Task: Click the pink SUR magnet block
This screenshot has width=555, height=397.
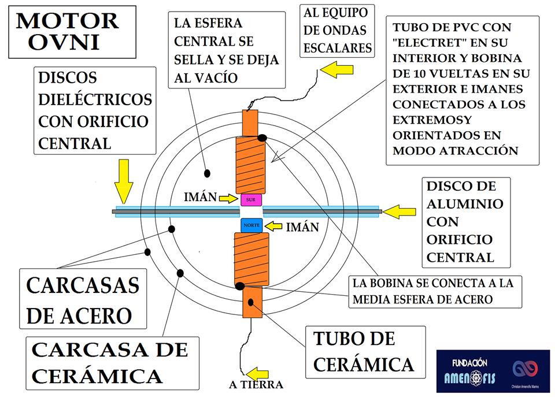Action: [251, 199]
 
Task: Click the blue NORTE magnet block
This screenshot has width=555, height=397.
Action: [251, 225]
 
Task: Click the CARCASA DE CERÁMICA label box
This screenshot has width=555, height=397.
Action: [110, 363]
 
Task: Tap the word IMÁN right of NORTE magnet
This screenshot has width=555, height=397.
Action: [302, 227]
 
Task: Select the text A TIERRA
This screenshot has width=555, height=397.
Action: [256, 385]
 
